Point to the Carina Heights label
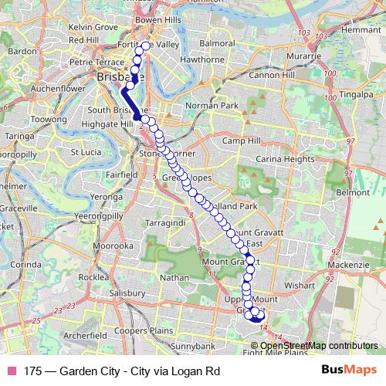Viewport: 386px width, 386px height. (x=288, y=158)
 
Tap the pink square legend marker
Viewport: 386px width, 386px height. (x=11, y=371)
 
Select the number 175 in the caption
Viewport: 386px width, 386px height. (x=32, y=371)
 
